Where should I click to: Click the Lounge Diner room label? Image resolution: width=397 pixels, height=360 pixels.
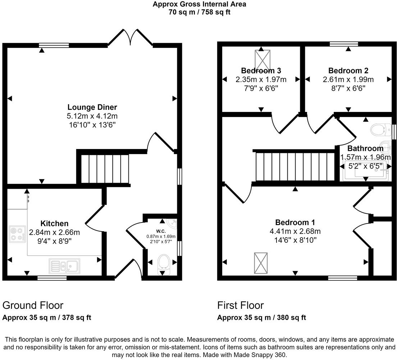pyautogui.click(x=92, y=107)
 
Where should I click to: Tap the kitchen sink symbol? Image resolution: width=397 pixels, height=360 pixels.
pyautogui.click(x=65, y=266)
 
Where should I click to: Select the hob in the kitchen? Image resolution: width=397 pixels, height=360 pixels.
pyautogui.click(x=17, y=233)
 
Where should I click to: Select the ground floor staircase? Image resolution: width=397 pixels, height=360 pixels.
pyautogui.click(x=104, y=168)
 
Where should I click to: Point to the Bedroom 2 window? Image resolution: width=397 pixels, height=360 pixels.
pyautogui.click(x=344, y=44)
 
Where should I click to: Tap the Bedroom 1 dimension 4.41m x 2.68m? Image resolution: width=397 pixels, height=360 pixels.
pyautogui.click(x=295, y=231)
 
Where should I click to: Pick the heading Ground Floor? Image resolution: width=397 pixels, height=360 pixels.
pyautogui.click(x=33, y=305)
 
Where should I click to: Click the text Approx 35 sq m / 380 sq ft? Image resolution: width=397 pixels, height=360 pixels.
pyautogui.click(x=261, y=318)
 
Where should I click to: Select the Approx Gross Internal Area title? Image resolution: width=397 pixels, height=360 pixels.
pyautogui.click(x=199, y=4)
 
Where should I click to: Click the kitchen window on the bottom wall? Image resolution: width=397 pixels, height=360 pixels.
pyautogui.click(x=52, y=278)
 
